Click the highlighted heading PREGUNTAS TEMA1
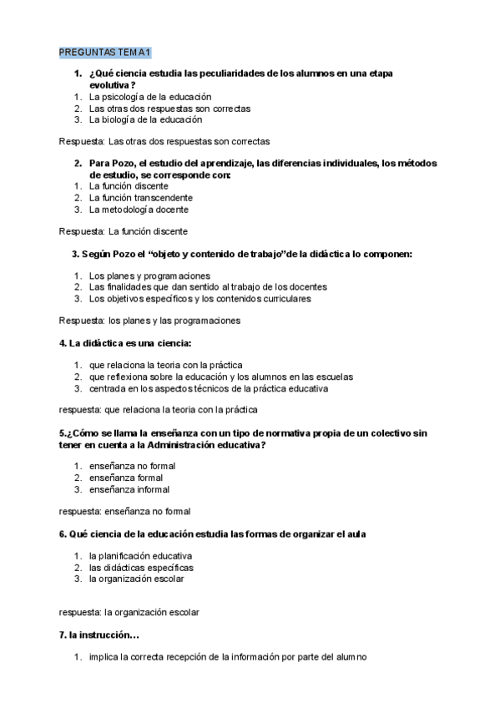click(104, 53)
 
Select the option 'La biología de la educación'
click(145, 119)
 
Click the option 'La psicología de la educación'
click(149, 97)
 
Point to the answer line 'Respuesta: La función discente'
click(123, 231)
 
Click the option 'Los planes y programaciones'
click(149, 276)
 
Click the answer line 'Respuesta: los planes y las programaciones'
click(149, 320)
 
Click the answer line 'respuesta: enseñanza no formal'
click(124, 511)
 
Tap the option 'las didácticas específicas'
click(140, 567)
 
